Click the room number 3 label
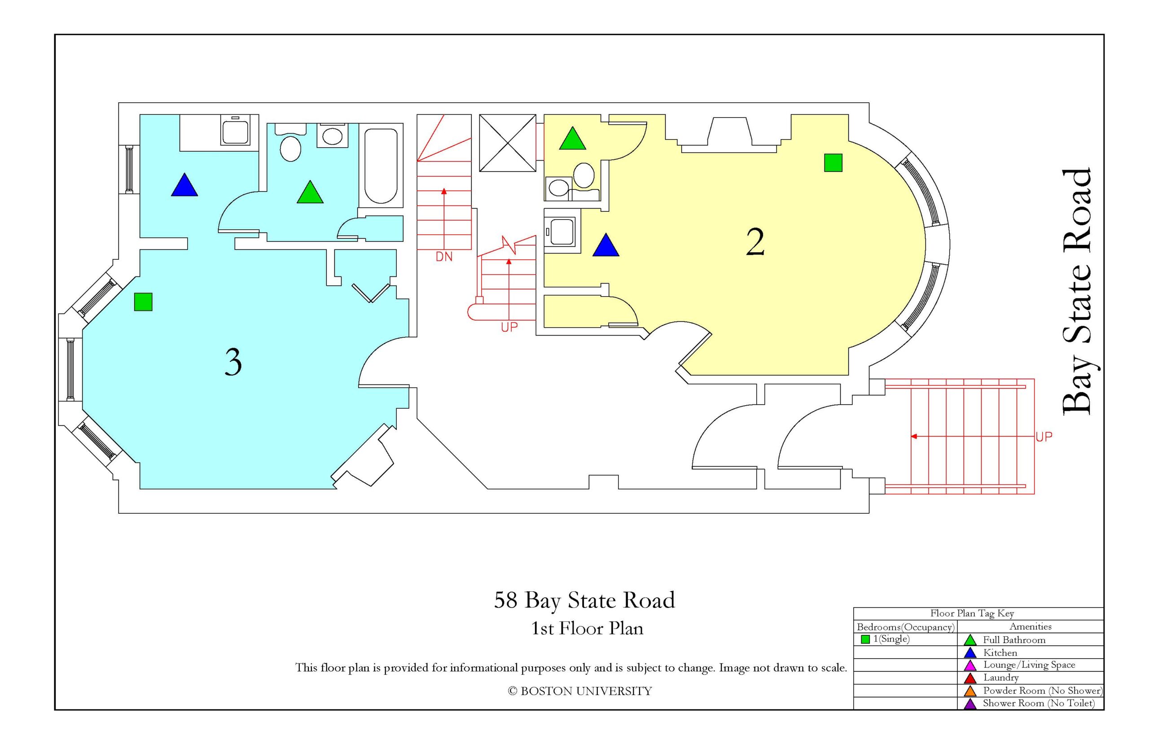[233, 363]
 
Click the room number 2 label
[755, 242]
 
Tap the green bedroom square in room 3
[143, 302]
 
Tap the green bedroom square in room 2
[833, 162]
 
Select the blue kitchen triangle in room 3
[184, 186]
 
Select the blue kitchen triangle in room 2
[605, 245]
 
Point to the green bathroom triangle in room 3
[310, 192]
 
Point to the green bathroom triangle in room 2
[572, 139]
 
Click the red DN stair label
[444, 257]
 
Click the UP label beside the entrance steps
[1044, 437]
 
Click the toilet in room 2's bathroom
[584, 175]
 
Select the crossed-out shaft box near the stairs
[507, 143]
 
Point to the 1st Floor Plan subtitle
[587, 629]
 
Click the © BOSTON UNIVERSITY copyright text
[579, 691]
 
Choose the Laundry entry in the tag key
[1001, 678]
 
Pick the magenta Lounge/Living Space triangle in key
[970, 665]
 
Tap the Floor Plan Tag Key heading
[972, 614]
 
